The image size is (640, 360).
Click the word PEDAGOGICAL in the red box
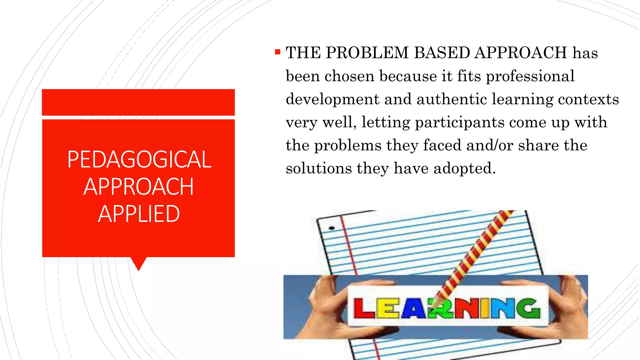[139, 160]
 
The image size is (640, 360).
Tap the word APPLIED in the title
[139, 214]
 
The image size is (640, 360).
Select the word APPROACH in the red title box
[138, 187]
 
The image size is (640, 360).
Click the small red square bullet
[277, 52]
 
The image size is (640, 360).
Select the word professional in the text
[530, 76]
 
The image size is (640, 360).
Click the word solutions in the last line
[319, 168]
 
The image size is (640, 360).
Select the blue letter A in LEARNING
[413, 309]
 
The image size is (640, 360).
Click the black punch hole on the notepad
[332, 228]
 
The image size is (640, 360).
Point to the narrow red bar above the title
[138, 102]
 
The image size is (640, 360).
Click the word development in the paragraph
[332, 99]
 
